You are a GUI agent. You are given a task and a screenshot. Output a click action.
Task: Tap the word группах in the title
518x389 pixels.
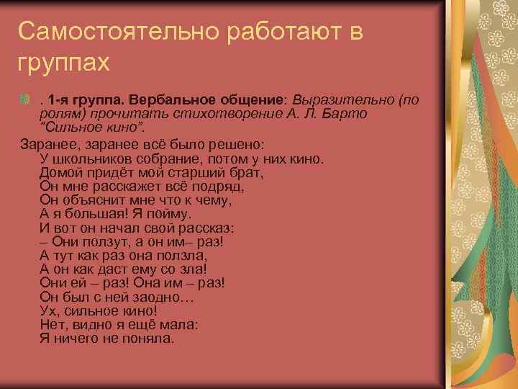click(64, 63)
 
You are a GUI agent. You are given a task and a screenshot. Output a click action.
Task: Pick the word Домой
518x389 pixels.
click(60, 172)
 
